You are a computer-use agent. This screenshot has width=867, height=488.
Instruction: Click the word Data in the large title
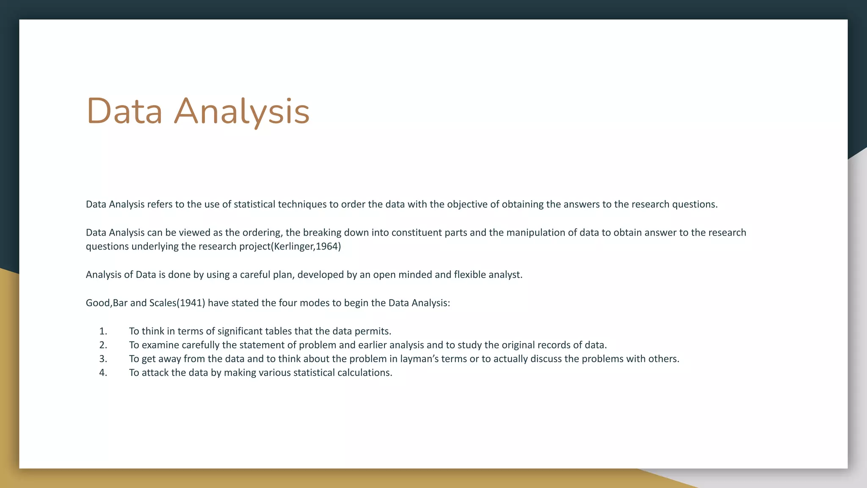click(x=124, y=111)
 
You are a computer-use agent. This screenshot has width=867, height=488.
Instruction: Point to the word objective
click(x=467, y=204)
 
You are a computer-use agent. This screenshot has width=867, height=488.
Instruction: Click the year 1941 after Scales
click(x=191, y=303)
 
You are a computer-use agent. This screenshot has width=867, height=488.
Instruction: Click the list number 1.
click(x=103, y=331)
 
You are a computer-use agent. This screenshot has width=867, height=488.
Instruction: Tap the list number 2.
click(x=103, y=345)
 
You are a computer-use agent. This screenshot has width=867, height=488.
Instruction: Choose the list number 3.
click(x=103, y=359)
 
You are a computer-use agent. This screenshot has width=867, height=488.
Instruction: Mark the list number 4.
click(x=103, y=373)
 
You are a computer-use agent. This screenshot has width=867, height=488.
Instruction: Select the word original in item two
click(x=518, y=345)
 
